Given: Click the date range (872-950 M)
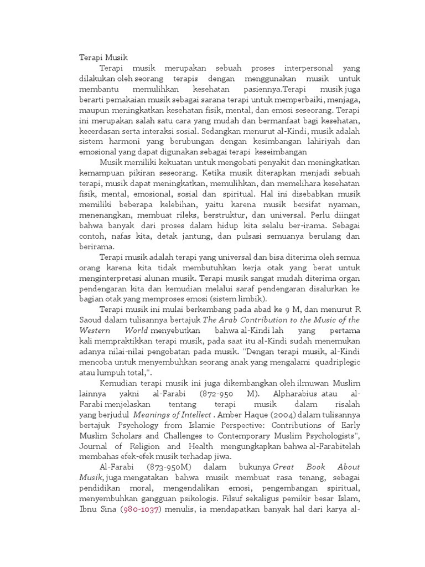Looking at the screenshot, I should coord(222,394).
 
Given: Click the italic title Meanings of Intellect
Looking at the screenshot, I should coord(167,415).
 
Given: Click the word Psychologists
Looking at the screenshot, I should coord(326,436).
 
